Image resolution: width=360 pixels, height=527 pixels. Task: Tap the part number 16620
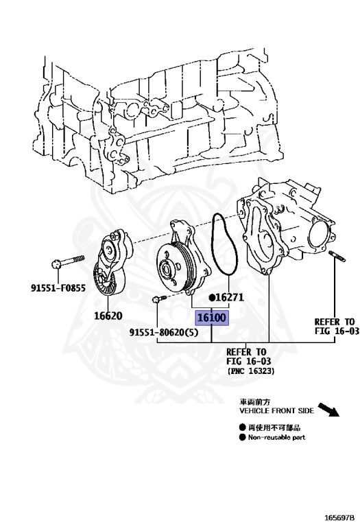(x=108, y=316)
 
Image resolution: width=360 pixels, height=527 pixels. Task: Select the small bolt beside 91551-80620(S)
(x=158, y=299)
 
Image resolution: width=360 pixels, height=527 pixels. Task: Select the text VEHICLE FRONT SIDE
(x=276, y=410)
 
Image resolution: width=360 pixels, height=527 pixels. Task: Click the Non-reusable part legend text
(x=276, y=437)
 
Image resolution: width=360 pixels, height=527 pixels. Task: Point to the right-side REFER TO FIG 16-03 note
(x=334, y=326)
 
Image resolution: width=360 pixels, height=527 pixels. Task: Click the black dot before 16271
(x=214, y=298)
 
